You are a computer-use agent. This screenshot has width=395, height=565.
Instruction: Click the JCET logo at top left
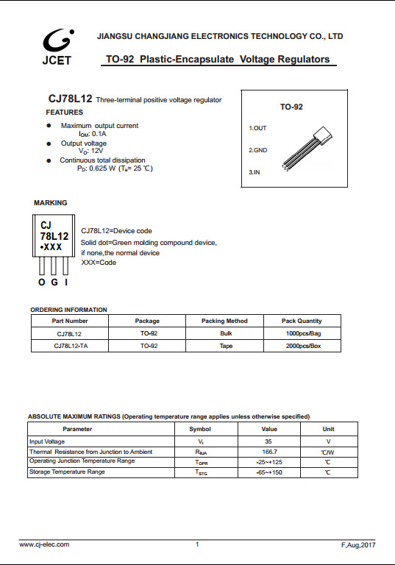pos(57,46)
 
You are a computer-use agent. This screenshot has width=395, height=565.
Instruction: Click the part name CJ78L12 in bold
pos(70,99)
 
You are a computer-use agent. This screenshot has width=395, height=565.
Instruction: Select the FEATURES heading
pos(64,113)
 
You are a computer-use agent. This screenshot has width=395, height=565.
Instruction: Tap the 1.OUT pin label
pos(257,128)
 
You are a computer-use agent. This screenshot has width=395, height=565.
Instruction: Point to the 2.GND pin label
pos(257,150)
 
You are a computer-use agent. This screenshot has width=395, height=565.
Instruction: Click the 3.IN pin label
pos(255,171)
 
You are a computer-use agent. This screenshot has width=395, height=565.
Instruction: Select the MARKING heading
pos(50,202)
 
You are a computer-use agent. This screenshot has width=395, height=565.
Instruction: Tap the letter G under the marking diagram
pos(54,283)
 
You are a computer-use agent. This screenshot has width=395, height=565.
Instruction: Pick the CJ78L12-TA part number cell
pos(71,345)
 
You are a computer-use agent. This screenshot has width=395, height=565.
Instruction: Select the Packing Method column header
pos(224,321)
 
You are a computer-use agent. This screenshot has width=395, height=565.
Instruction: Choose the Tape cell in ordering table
pos(225,345)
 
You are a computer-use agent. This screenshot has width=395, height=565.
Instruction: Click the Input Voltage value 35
pos(268,441)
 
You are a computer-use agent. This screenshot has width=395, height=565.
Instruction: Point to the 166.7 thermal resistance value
pos(268,452)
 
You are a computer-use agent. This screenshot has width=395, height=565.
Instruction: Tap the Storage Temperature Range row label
pos(67,472)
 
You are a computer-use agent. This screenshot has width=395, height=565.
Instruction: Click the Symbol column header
pos(200,429)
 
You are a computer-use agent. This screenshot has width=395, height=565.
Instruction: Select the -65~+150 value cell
pos(268,472)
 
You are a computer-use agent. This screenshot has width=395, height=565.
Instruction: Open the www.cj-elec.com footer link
pos(44,544)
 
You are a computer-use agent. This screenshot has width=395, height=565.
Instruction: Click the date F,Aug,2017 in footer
pos(358,545)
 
